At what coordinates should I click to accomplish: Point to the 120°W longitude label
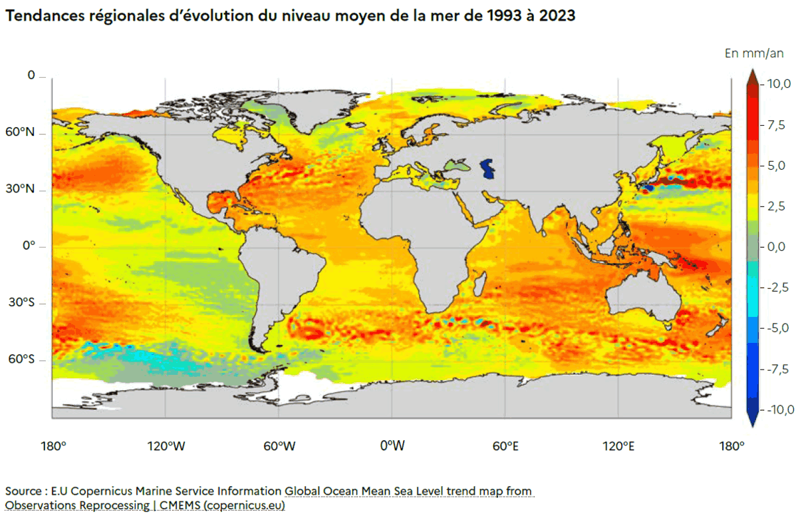pyautogui.click(x=166, y=446)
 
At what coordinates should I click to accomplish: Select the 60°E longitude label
pyautogui.click(x=505, y=446)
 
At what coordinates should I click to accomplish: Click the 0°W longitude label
pyautogui.click(x=392, y=446)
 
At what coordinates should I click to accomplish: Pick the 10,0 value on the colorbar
pyautogui.click(x=777, y=83)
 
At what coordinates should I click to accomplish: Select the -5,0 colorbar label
pyautogui.click(x=777, y=328)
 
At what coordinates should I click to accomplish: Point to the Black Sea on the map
pyautogui.click(x=458, y=164)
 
